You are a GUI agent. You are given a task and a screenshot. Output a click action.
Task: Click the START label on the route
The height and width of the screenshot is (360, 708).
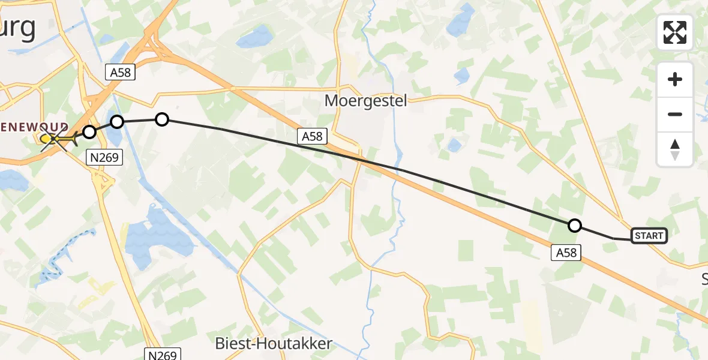click(649, 236)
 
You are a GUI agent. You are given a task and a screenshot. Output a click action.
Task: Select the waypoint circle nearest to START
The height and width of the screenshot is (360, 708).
click(575, 226)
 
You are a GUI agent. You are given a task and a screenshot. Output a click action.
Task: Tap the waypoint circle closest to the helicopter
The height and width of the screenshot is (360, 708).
click(89, 132)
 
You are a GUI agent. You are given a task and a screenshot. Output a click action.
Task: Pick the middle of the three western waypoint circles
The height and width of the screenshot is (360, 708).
click(117, 122)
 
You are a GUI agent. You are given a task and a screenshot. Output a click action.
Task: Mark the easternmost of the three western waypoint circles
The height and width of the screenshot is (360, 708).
click(162, 119)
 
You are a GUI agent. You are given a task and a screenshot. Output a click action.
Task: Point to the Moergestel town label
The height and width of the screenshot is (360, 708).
click(365, 100)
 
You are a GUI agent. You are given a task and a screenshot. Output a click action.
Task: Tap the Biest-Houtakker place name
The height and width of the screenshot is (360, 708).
click(274, 344)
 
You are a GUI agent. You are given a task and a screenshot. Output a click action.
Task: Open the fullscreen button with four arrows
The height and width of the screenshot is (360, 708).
click(675, 32)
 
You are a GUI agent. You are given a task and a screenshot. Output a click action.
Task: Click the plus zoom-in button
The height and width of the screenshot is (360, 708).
click(675, 79)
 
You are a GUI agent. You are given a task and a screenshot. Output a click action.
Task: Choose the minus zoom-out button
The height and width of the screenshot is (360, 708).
click(675, 114)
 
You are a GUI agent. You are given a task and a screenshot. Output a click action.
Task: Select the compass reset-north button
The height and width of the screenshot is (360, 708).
click(675, 149)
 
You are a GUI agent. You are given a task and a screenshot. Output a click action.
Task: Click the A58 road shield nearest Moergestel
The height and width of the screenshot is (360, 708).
click(312, 137)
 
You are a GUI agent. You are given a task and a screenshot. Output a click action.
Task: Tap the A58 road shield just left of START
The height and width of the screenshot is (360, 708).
click(566, 253)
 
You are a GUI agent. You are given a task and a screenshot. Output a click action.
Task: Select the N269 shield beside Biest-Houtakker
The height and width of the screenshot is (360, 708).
click(163, 355)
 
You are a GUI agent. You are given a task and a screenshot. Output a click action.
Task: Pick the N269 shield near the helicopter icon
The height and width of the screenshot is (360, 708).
click(105, 158)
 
